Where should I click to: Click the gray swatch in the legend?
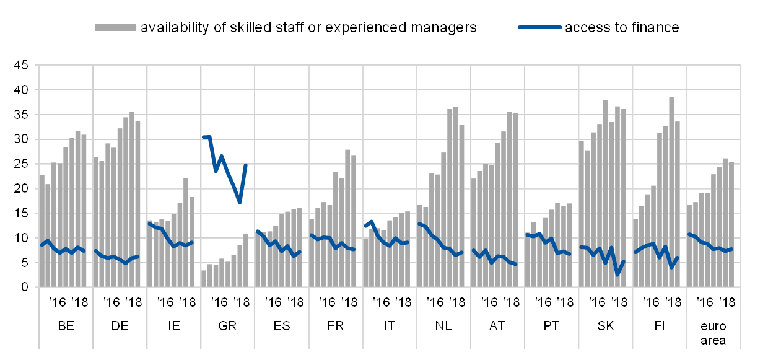pyautogui.click(x=116, y=27)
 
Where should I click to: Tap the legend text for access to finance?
pyautogui.click(x=621, y=28)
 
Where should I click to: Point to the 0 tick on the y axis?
pyautogui.click(x=25, y=287)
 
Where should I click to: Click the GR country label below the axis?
pyautogui.click(x=227, y=325)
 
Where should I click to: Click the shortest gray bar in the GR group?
pyautogui.click(x=204, y=278)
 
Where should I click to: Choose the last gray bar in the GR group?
pyautogui.click(x=246, y=260)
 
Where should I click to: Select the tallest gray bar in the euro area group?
pyautogui.click(x=725, y=222)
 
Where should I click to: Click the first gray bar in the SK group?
pyautogui.click(x=582, y=214)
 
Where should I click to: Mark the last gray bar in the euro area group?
pyautogui.click(x=731, y=224)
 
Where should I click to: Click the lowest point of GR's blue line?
pyautogui.click(x=240, y=203)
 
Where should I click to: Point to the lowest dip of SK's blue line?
pyautogui.click(x=617, y=274)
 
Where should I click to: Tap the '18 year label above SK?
pyautogui.click(x=621, y=302)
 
